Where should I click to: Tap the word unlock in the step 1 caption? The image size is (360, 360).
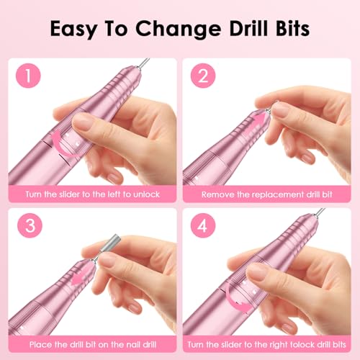[150, 194]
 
